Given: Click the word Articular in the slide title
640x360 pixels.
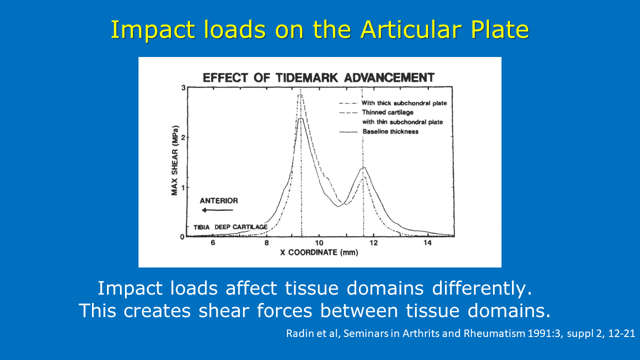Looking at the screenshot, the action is click(x=411, y=29).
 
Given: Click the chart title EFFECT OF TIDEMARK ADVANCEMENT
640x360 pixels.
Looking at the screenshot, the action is click(x=318, y=77).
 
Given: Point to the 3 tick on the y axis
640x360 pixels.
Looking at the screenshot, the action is click(x=183, y=87).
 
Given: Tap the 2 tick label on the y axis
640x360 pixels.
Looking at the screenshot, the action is click(x=183, y=137).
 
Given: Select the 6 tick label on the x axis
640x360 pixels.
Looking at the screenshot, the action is click(x=213, y=243).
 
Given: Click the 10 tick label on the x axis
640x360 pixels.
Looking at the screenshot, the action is click(x=319, y=243).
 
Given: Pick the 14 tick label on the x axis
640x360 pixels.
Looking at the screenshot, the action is click(x=427, y=243).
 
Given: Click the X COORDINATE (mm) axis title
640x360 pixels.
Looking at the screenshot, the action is click(x=319, y=252).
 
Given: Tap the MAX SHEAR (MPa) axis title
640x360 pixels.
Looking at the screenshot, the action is click(x=174, y=160).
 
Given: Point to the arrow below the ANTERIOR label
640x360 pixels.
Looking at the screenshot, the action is click(x=217, y=210).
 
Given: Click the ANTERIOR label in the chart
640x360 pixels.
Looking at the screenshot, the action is click(x=219, y=201).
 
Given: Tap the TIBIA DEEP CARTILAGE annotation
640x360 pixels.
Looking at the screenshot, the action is click(x=230, y=227).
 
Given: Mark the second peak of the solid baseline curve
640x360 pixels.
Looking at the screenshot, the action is click(x=363, y=167).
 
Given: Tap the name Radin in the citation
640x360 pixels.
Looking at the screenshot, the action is click(x=297, y=333).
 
